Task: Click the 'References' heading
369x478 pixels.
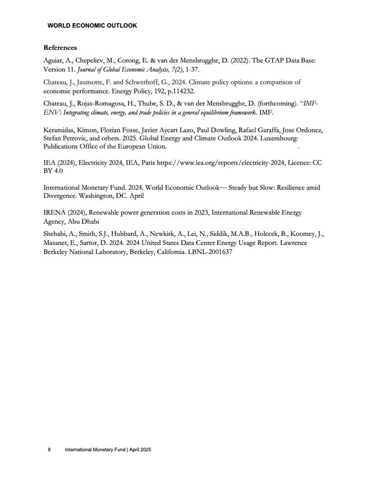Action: click(60, 47)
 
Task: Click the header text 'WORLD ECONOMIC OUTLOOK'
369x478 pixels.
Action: click(92, 25)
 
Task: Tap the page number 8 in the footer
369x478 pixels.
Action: click(49, 450)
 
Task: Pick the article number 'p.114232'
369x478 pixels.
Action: click(163, 91)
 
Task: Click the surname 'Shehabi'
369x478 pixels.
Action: click(56, 234)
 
